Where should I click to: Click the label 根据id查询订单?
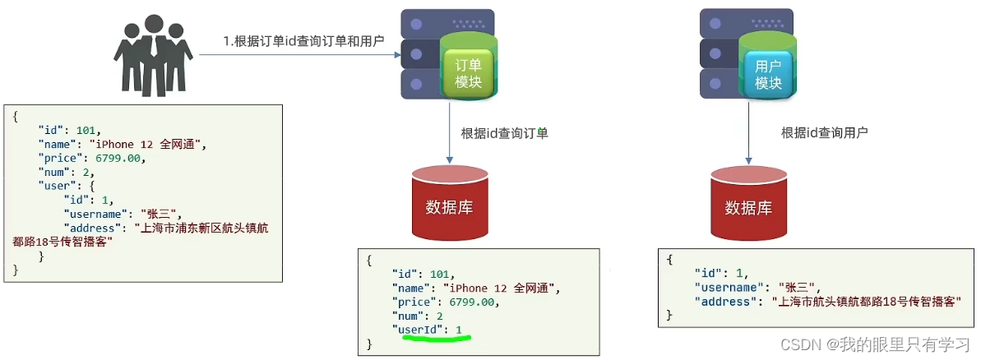pos(504,133)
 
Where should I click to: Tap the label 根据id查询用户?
pos(824,132)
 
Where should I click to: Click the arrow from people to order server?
pos(300,55)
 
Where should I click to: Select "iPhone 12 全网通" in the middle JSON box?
pos(501,288)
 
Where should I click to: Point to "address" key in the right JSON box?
pos(727,302)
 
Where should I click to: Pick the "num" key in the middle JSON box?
pos(409,316)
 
